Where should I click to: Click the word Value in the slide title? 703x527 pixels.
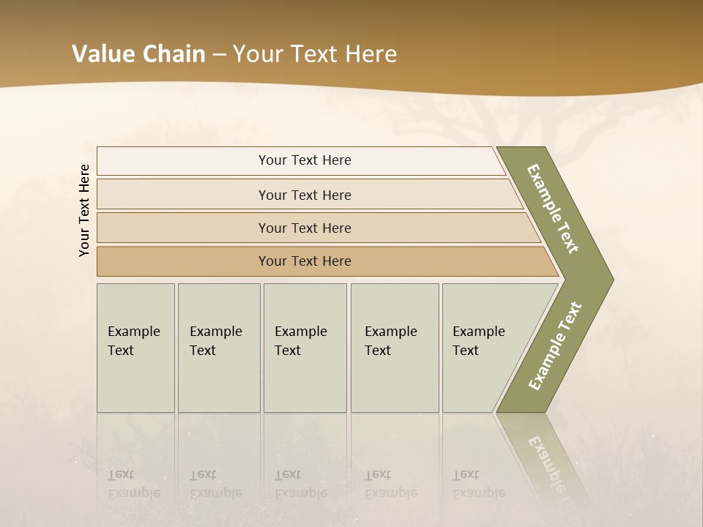tap(102, 54)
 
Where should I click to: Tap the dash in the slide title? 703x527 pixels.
tap(219, 55)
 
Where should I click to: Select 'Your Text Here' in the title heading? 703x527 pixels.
tap(315, 54)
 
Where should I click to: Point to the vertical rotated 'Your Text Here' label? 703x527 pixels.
tap(84, 210)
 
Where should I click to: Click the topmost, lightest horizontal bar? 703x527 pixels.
tap(305, 160)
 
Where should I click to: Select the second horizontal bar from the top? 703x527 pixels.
tap(305, 195)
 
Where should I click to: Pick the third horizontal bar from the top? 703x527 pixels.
tap(305, 228)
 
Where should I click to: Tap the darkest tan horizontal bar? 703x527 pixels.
tap(305, 261)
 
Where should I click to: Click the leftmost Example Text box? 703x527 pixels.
tap(135, 348)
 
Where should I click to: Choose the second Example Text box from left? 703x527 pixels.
tap(219, 348)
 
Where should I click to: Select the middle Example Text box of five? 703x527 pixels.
tap(305, 348)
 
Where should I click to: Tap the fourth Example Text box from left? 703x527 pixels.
tap(395, 348)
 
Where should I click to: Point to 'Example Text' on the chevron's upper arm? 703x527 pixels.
tap(553, 209)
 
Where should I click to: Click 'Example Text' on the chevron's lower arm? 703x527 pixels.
tap(554, 345)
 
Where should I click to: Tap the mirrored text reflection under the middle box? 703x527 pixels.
tap(300, 484)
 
